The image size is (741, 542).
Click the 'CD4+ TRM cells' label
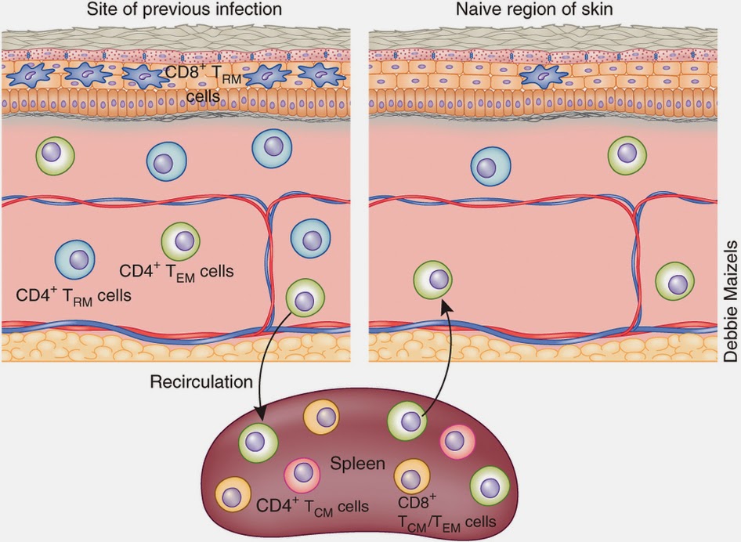coord(74,296)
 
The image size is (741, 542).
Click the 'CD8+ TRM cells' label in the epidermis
coord(199,85)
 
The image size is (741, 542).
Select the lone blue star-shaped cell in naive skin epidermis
coord(544,75)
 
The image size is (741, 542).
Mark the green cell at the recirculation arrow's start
coord(305,297)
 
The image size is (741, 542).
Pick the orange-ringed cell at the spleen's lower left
coord(233,495)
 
